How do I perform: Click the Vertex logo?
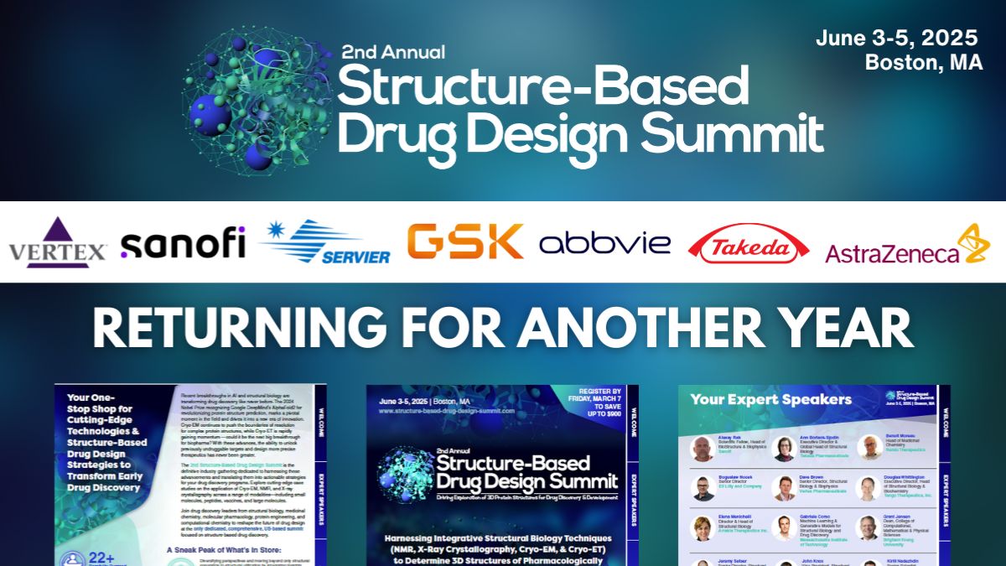pos(58,242)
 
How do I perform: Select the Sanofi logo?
pos(183,242)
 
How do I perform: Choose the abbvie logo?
pos(604,243)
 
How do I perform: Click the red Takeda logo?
pos(749,244)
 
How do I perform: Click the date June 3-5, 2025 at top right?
pos(896,38)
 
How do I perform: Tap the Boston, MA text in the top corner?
pos(924,63)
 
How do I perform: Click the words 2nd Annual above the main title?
pos(392,52)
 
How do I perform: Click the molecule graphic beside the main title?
pos(260,101)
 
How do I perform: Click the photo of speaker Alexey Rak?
pos(703,449)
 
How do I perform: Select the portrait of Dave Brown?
pos(784,488)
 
